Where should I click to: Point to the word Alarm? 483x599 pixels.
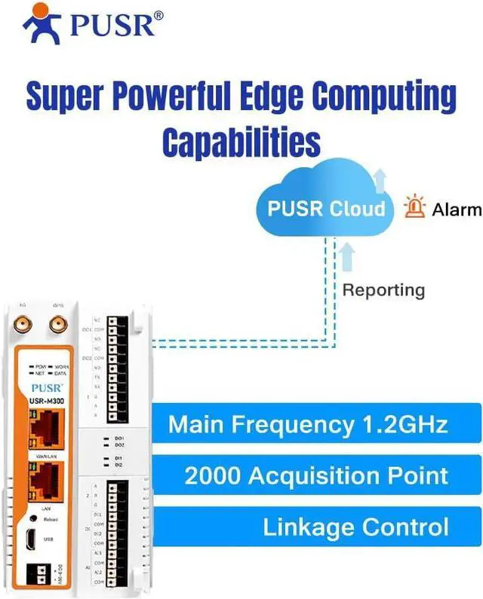456,209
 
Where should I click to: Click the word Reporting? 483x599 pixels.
383,289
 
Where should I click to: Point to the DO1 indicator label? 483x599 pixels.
118,438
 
